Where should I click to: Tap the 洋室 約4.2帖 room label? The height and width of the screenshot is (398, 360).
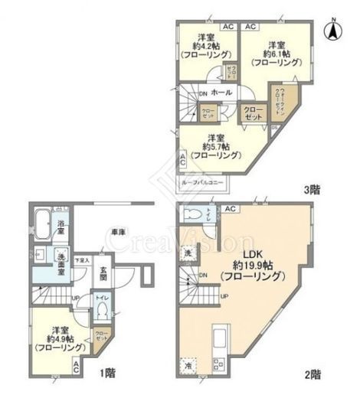[x=205, y=48]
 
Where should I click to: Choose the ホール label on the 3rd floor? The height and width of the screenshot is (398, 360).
[x=221, y=93]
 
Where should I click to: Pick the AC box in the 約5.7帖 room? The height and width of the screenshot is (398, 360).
[x=182, y=160]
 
